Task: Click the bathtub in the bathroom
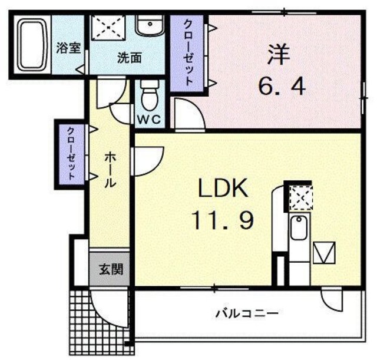[x=32, y=45]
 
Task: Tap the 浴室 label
[x=68, y=48]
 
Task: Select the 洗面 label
[x=130, y=58]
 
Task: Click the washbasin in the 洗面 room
[x=150, y=25]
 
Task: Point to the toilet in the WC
[x=150, y=95]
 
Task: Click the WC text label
[x=150, y=120]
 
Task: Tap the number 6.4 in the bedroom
[x=282, y=86]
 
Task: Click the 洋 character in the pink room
[x=279, y=55]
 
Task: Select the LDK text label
[x=223, y=188]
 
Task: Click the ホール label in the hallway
[x=110, y=170]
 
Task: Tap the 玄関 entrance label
[x=111, y=269]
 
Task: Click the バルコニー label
[x=247, y=313]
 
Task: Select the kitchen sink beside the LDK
[x=299, y=228]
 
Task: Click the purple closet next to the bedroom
[x=187, y=54]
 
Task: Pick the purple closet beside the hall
[x=71, y=154]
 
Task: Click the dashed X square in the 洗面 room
[x=108, y=27]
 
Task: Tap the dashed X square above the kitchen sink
[x=301, y=199]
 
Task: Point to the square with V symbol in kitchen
[x=325, y=252]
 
